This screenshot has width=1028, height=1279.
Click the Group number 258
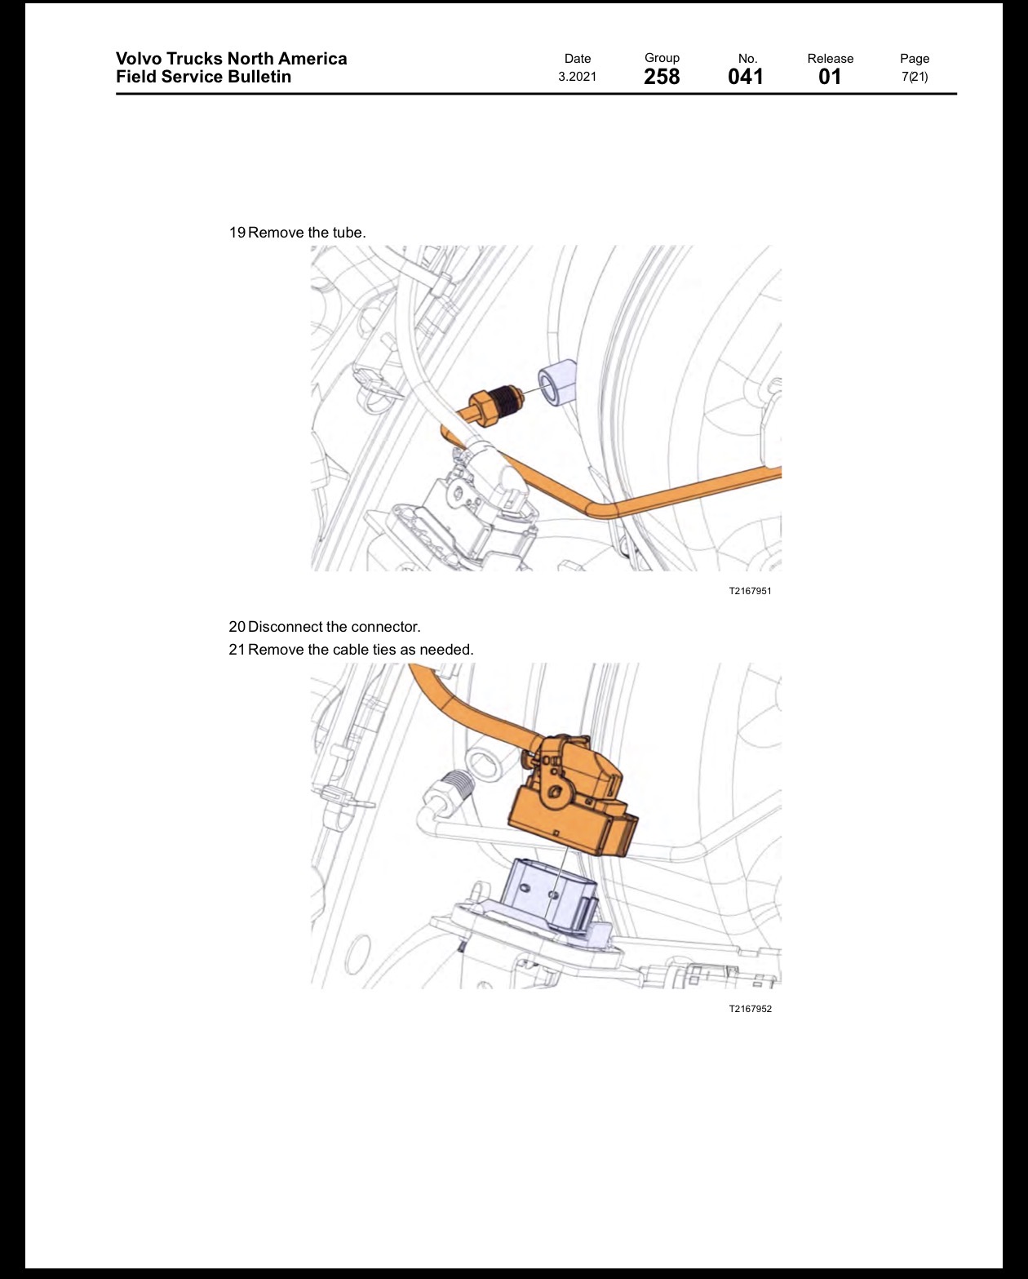pyautogui.click(x=662, y=77)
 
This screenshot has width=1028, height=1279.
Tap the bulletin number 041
pyautogui.click(x=746, y=77)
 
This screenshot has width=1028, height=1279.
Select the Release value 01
pyautogui.click(x=830, y=77)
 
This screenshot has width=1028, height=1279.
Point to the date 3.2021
pyautogui.click(x=577, y=77)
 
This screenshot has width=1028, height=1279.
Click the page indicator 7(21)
pyautogui.click(x=915, y=77)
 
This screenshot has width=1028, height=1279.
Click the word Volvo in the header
pyautogui.click(x=139, y=58)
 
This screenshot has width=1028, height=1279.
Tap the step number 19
pyautogui.click(x=237, y=233)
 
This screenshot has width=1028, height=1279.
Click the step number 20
pyautogui.click(x=237, y=626)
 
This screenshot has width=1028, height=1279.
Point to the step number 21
pyautogui.click(x=237, y=650)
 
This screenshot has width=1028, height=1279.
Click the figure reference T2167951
pyautogui.click(x=750, y=591)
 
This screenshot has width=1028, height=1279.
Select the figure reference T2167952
pyautogui.click(x=750, y=1009)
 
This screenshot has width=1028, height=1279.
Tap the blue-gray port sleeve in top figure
pyautogui.click(x=557, y=384)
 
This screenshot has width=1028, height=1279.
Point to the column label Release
pyautogui.click(x=830, y=58)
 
